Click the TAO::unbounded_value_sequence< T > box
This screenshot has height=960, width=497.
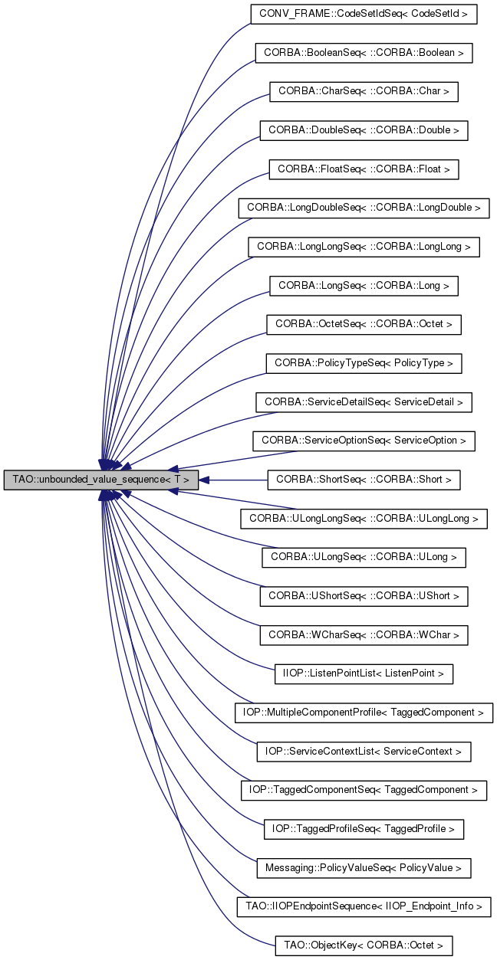pyautogui.click(x=100, y=480)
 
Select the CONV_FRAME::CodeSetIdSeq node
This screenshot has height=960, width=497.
pyautogui.click(x=364, y=14)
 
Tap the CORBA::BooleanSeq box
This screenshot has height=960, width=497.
pyautogui.click(x=364, y=53)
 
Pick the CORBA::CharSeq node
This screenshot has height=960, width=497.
pyautogui.click(x=364, y=91)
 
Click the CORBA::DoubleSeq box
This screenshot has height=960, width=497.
pyautogui.click(x=364, y=130)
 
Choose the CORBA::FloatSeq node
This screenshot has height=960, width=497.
pyautogui.click(x=364, y=169)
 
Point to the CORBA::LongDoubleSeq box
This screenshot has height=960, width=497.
pyautogui.click(x=364, y=208)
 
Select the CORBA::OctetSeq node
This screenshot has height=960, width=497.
pyautogui.click(x=364, y=324)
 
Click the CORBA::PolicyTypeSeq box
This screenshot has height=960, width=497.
pyautogui.click(x=364, y=363)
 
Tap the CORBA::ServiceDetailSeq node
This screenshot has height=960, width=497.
pyautogui.click(x=364, y=402)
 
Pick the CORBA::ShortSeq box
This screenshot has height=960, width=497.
pyautogui.click(x=364, y=480)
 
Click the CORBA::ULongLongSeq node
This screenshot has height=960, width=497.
pyautogui.click(x=364, y=519)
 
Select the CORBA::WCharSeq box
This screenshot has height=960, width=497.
pyautogui.click(x=364, y=635)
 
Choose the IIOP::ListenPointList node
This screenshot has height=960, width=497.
pyautogui.click(x=364, y=674)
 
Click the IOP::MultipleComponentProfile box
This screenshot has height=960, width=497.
pyautogui.click(x=364, y=713)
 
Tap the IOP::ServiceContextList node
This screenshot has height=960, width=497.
pyautogui.click(x=364, y=752)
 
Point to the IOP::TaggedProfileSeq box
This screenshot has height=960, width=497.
pyautogui.click(x=364, y=829)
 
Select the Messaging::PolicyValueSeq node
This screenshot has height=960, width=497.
pyautogui.click(x=364, y=868)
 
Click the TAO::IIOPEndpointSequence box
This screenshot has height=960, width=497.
pyautogui.click(x=364, y=907)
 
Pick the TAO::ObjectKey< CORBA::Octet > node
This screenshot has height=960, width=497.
pyautogui.click(x=364, y=945)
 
